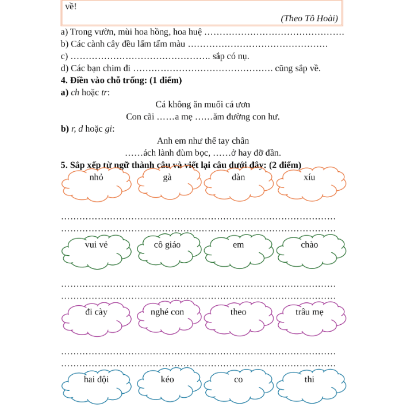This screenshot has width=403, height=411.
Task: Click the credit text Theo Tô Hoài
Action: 309,18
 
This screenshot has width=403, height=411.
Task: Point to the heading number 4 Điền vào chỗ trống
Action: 121,80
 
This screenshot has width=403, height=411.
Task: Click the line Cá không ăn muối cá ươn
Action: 202,105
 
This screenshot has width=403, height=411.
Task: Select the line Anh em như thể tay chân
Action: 202,140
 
